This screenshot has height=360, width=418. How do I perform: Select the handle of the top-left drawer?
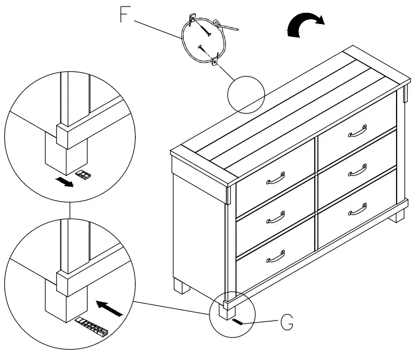point(275,178)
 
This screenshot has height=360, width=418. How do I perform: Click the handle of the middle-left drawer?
point(275,217)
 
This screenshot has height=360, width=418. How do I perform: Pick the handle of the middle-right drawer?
point(357,170)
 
